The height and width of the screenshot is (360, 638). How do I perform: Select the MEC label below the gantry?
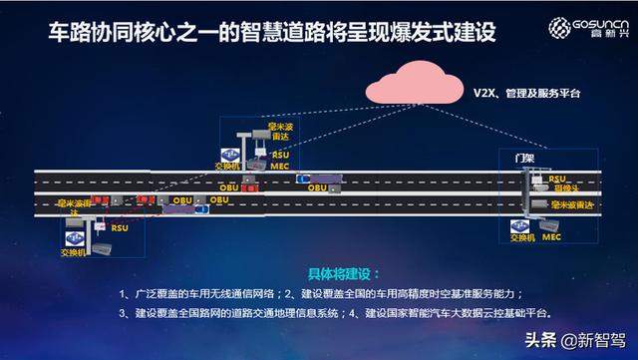(x=554, y=239)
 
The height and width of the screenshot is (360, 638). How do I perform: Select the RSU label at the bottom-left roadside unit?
(x=120, y=227)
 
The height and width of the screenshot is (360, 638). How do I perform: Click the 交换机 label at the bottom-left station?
(x=77, y=250)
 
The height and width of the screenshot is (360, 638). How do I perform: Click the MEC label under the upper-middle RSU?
(x=280, y=167)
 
